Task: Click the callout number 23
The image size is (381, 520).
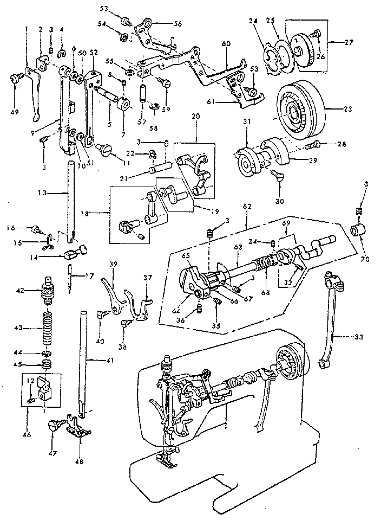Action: click(x=347, y=108)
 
